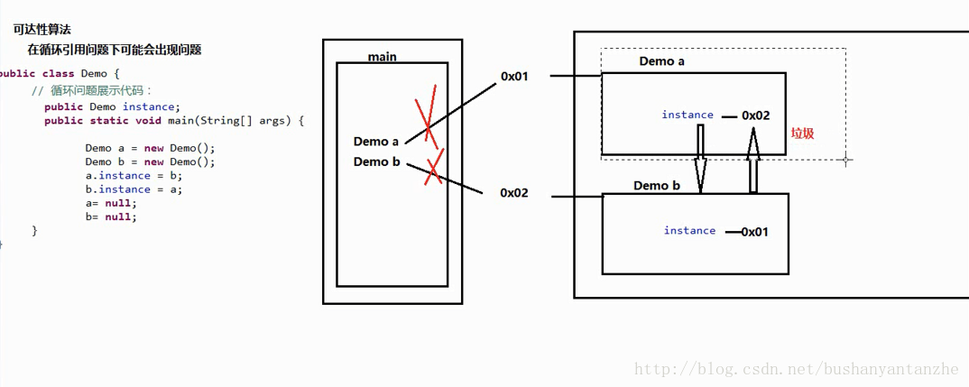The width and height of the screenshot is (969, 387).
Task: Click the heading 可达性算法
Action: point(42,30)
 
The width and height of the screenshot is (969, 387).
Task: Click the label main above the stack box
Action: point(382,57)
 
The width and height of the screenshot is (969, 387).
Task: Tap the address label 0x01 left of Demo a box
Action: point(514,77)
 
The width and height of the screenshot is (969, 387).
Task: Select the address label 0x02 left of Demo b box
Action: point(514,193)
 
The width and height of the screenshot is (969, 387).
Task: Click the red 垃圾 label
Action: point(802,133)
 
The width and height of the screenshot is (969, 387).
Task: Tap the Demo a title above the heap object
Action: point(662,61)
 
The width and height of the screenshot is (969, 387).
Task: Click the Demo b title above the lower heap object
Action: point(657,186)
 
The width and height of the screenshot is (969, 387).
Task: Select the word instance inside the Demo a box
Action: point(688,115)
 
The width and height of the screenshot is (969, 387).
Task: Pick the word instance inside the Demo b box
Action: point(689,231)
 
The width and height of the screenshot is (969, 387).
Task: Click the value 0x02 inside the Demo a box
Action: point(756,115)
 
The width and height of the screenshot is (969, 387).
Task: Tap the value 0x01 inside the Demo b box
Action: point(754,232)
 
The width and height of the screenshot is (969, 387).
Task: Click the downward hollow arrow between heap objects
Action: point(699,157)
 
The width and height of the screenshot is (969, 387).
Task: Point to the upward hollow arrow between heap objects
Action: point(752,159)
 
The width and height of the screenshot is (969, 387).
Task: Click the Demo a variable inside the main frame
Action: point(376,142)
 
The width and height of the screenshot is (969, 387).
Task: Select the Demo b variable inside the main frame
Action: point(376,161)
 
